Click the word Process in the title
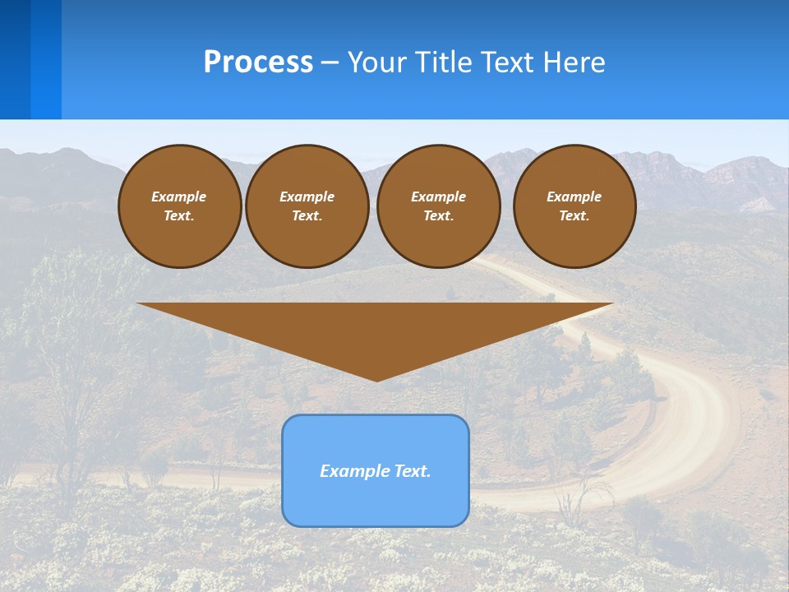(258, 62)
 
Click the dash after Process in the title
(330, 63)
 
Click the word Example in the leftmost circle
(179, 197)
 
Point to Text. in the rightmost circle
(574, 215)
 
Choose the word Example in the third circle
(438, 197)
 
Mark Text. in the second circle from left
(307, 215)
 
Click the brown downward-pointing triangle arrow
(376, 329)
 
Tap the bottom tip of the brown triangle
(376, 379)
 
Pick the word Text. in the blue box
(413, 471)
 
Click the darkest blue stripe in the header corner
(15, 59)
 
